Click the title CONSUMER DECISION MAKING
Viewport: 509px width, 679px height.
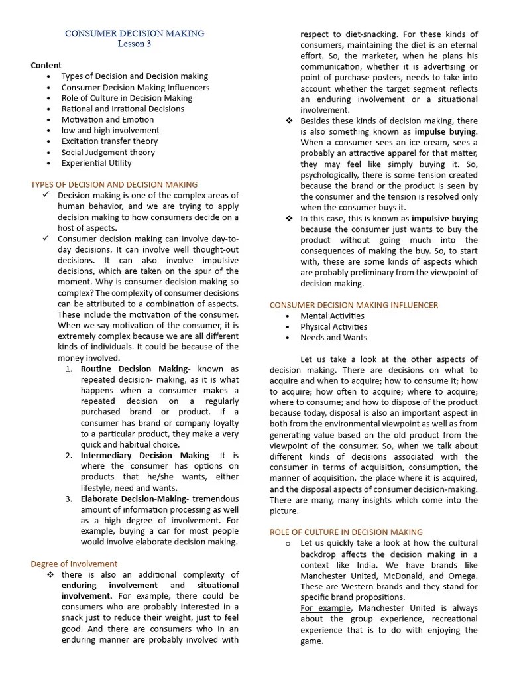click(135, 33)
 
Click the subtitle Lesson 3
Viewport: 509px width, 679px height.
click(135, 44)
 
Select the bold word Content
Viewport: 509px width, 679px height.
click(46, 65)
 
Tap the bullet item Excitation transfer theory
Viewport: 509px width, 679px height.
click(109, 141)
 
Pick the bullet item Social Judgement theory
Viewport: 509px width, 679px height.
click(108, 152)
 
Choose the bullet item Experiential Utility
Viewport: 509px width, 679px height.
click(96, 163)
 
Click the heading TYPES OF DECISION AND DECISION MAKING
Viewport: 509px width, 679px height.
click(114, 184)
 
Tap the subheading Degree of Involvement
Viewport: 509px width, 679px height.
click(74, 564)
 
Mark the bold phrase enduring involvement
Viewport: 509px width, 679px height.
click(109, 586)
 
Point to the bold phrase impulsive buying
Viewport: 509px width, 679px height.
click(444, 218)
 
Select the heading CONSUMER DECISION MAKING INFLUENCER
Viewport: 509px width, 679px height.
click(353, 305)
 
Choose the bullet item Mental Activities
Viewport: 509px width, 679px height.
click(332, 316)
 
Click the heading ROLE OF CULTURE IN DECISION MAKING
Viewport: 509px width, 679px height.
click(345, 532)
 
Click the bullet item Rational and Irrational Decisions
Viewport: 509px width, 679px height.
click(113, 109)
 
